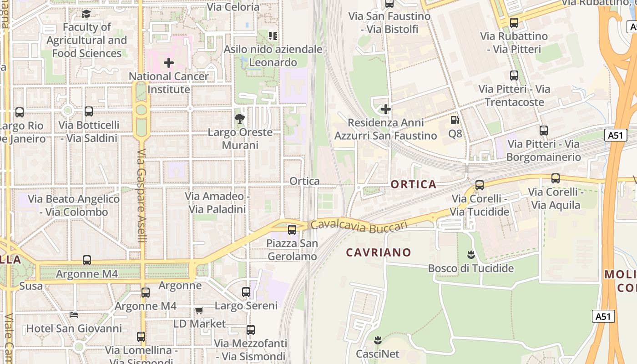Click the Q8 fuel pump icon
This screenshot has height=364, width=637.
click(455, 120)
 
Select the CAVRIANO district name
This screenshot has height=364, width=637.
click(379, 252)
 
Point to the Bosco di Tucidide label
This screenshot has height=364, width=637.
click(471, 268)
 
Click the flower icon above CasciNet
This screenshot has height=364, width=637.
click(377, 340)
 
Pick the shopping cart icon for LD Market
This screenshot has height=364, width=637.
click(199, 310)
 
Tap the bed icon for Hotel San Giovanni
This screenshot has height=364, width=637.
click(74, 315)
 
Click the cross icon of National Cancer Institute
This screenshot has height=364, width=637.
click(169, 62)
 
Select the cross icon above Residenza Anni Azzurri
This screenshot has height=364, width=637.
click(386, 109)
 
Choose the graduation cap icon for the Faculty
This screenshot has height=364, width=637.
click(86, 14)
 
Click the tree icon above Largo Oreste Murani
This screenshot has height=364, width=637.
click(240, 119)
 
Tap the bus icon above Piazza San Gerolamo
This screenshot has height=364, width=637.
click(292, 230)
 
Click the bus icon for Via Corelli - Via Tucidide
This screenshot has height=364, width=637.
click(480, 185)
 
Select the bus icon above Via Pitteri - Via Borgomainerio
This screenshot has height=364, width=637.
click(544, 131)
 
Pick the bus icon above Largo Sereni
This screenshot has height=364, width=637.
click(246, 292)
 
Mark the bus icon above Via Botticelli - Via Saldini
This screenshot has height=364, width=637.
click(89, 111)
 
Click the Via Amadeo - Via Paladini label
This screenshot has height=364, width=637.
click(217, 203)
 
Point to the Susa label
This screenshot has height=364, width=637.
click(31, 286)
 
